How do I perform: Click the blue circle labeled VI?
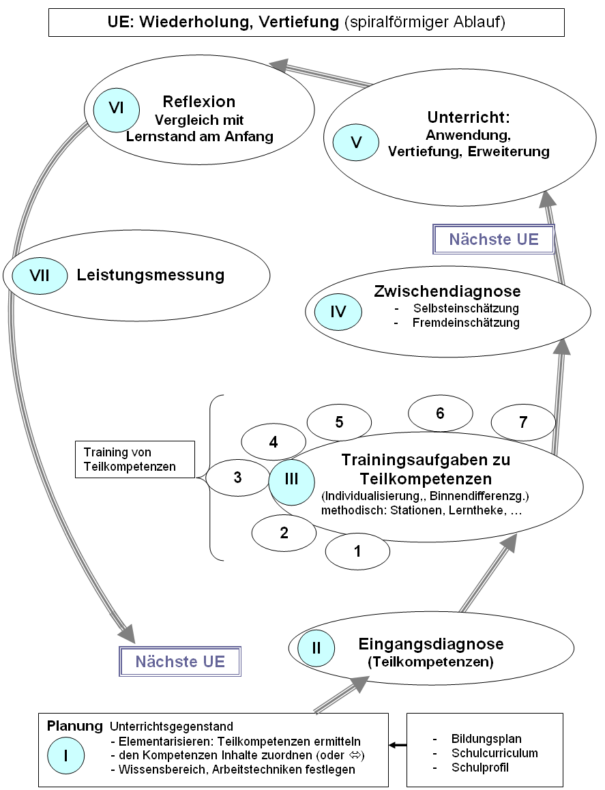116,108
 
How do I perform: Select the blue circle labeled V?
356,143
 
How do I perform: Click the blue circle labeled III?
291,479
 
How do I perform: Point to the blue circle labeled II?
316,647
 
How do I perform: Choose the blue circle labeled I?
66,755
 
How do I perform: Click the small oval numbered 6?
440,413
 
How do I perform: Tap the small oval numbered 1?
357,551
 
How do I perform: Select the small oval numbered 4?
274,442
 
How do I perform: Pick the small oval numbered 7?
523,422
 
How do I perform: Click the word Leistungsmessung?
151,276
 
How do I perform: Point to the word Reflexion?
199,102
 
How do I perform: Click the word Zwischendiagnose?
447,291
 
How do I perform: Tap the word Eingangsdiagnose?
431,644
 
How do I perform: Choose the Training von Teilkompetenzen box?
134,459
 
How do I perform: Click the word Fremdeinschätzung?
466,323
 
